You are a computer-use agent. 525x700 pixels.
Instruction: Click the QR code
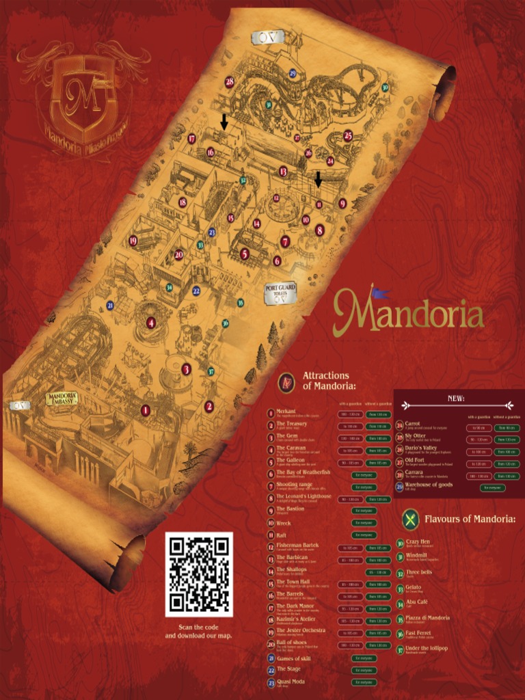coord(199,574)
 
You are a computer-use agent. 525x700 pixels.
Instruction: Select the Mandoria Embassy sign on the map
coord(62,399)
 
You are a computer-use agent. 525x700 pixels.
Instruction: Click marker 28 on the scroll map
coord(230,81)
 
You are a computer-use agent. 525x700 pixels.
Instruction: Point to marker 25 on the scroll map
coord(348,135)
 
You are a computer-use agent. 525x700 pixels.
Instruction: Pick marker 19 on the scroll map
coord(133,241)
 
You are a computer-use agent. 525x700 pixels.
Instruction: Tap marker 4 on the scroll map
coord(150,323)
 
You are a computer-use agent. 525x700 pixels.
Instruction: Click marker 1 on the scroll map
coord(145,410)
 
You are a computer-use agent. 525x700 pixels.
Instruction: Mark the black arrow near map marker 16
coord(224,122)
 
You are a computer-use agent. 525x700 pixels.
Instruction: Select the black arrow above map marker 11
coord(318,179)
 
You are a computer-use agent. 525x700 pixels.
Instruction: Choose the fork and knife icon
coord(409,519)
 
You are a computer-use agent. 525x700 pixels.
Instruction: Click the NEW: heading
coord(456,398)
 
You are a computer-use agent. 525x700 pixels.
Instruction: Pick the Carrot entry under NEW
coord(413,424)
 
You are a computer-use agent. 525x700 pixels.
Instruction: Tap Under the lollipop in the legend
coord(426,648)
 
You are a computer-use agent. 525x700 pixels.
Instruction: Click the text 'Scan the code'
coord(198,628)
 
